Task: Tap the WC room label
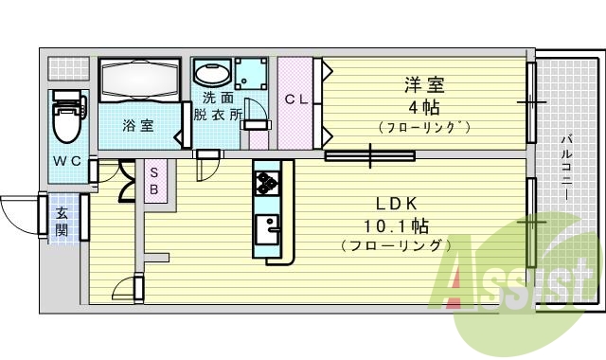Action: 66,161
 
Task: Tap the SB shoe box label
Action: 154,180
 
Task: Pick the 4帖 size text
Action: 422,106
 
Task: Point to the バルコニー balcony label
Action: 565,166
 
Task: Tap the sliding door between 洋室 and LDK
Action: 365,154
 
